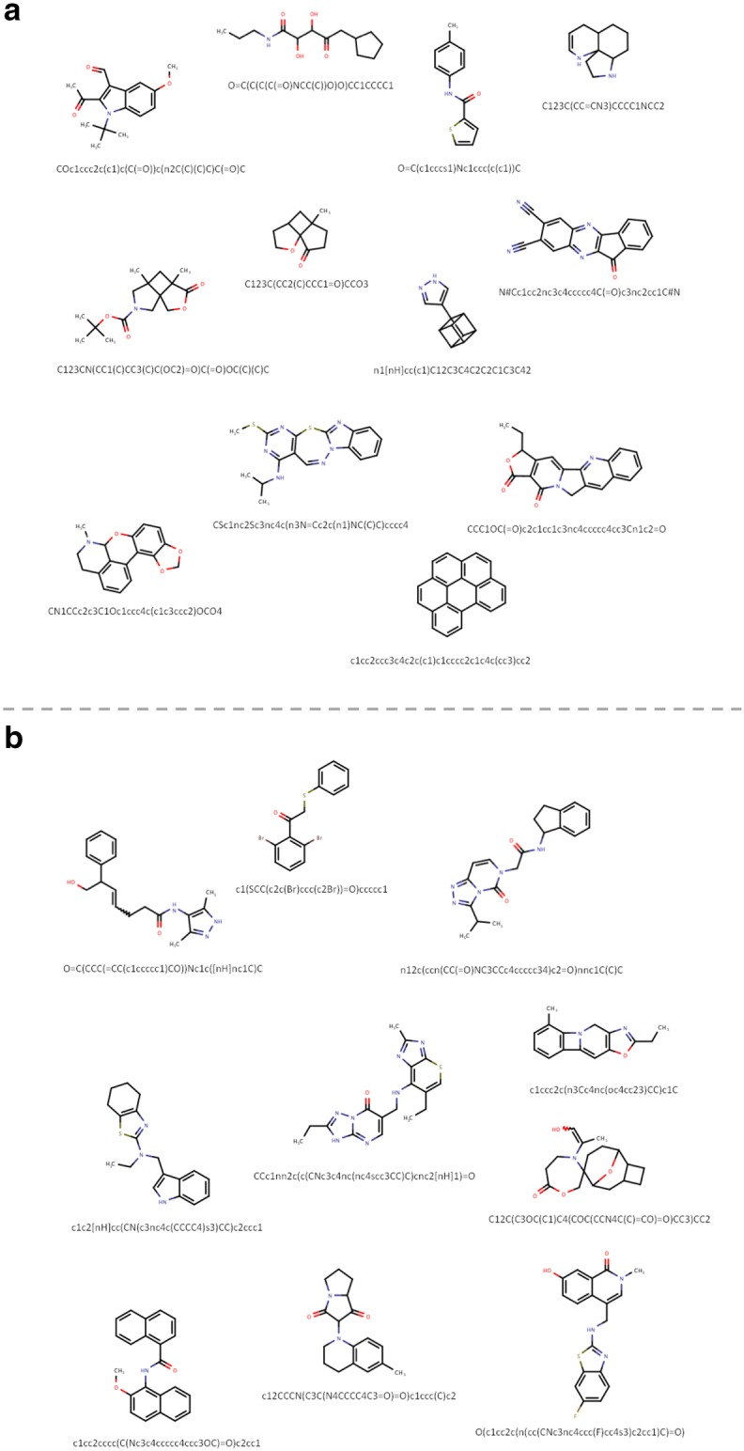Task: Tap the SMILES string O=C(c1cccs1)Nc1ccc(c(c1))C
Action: [x=458, y=168]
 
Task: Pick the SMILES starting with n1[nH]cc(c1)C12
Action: [x=451, y=370]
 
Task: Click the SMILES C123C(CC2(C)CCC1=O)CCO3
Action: [x=292, y=283]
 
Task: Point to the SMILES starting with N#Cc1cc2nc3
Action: [x=590, y=291]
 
